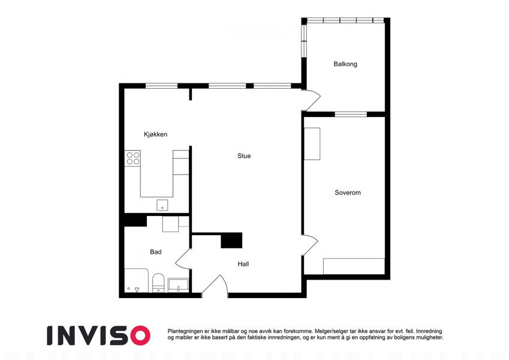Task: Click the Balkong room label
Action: point(345,64)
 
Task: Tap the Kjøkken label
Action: point(155,134)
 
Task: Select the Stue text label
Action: point(244,156)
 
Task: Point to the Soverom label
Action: point(348,193)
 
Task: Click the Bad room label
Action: point(156,252)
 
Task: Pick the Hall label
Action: point(243,264)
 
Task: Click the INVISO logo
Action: point(99,335)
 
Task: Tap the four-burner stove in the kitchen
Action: point(132,158)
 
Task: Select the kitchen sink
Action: point(162,205)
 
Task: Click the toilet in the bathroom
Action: point(158,283)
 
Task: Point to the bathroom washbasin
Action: point(178,285)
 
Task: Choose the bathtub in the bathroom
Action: point(137,280)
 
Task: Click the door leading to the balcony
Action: point(311,100)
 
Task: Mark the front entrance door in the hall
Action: point(215,286)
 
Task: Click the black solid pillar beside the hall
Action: point(231,241)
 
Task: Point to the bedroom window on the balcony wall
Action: point(351,114)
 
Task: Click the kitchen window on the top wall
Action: point(161,86)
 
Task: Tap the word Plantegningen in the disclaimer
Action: point(185,331)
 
